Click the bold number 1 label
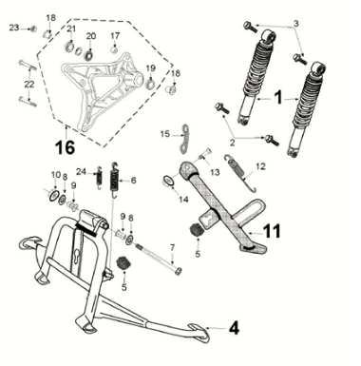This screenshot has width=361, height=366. coord(278,96)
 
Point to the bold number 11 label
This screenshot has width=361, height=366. coord(273,231)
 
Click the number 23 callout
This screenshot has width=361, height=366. coord(13,29)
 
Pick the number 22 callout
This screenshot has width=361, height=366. coord(28,86)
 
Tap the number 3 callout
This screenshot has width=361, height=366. coord(294,23)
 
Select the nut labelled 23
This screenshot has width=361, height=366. coord(33,29)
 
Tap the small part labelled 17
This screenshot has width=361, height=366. coord(114,50)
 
